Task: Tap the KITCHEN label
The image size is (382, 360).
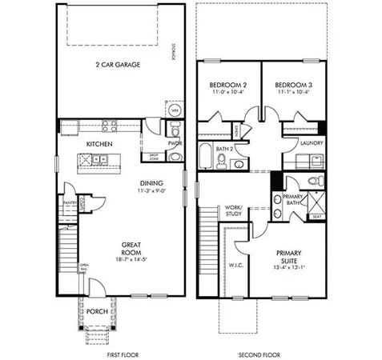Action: pos(99,144)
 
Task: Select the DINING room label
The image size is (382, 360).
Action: pos(152,182)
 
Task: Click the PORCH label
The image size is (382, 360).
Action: pos(99,310)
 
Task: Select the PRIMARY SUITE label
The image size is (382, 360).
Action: pos(288,255)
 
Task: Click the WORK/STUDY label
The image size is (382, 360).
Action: pos(234,210)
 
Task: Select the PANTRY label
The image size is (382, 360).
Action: pos(70,204)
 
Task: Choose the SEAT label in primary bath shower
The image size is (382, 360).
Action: pos(317,217)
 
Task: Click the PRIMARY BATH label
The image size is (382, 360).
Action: pos(293,200)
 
